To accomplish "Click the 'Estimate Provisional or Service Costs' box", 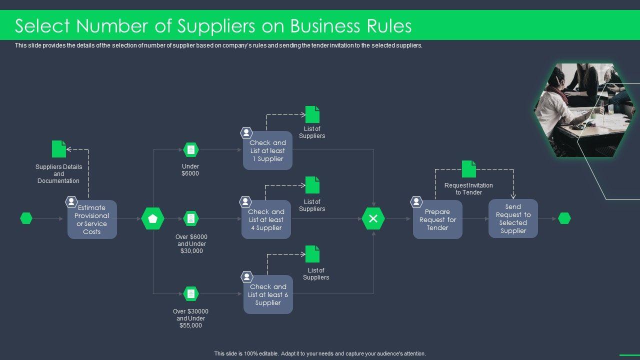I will coord(92,219).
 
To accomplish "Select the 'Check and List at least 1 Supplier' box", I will coord(267,150).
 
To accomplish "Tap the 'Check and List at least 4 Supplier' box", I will coord(266,219).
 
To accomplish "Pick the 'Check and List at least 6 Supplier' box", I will coord(268,294).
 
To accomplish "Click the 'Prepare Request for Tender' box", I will coord(437,219).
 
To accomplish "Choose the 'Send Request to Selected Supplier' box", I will coord(513,218).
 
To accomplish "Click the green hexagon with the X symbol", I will coord(373,218).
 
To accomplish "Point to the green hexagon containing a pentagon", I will coord(152,218).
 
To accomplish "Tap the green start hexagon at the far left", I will coord(26,218).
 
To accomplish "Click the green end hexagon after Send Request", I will coord(564,218).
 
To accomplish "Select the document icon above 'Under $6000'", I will coord(190,149).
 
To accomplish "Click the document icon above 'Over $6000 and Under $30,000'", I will coord(190,218).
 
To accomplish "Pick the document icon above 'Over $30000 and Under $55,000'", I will coord(190,294).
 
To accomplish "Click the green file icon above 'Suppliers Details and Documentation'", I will coord(59,149).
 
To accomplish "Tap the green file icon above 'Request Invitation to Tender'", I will coord(468,169).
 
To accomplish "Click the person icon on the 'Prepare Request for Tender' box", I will coord(416,202).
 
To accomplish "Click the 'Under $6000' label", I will coord(190,170).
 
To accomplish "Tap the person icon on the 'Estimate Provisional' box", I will coord(71,202).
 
